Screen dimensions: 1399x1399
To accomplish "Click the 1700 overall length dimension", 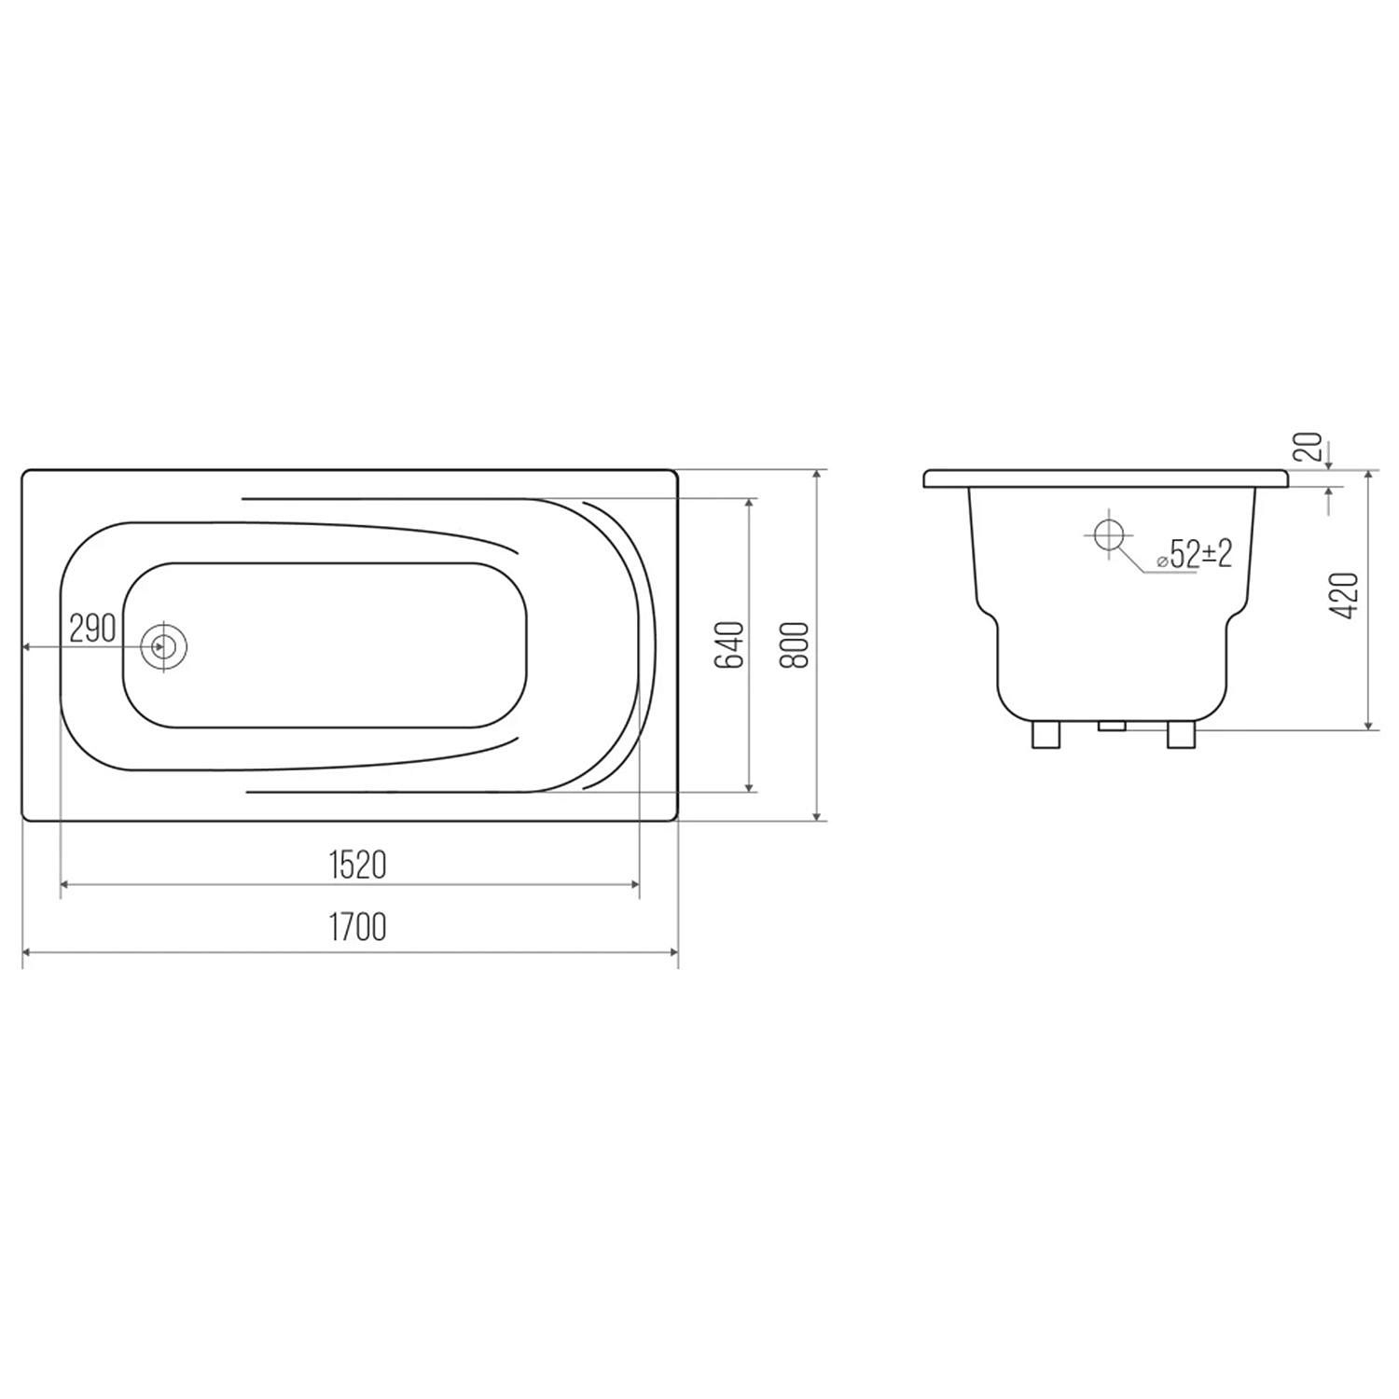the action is click(x=357, y=927).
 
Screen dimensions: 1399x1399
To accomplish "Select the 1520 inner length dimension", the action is click(x=357, y=866).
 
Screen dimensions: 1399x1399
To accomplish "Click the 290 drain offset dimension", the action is click(x=92, y=628).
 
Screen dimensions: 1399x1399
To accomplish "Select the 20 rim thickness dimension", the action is click(x=1310, y=447).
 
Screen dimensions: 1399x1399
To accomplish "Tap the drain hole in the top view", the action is click(x=164, y=645).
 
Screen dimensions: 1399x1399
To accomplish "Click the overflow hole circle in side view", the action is click(x=1109, y=536).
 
